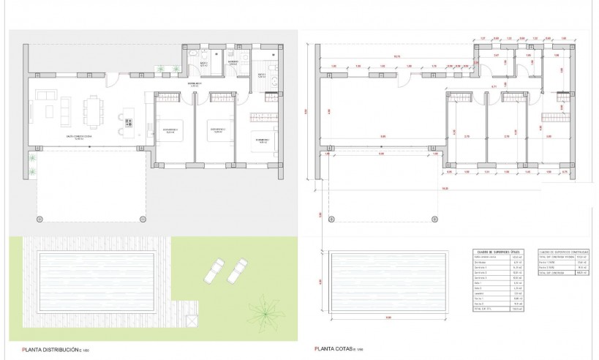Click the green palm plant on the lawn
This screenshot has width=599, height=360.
point(261,311)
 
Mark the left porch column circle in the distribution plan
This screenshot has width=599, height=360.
point(39,218)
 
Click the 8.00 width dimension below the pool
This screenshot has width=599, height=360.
point(388,318)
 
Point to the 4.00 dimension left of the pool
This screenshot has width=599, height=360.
point(321,278)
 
